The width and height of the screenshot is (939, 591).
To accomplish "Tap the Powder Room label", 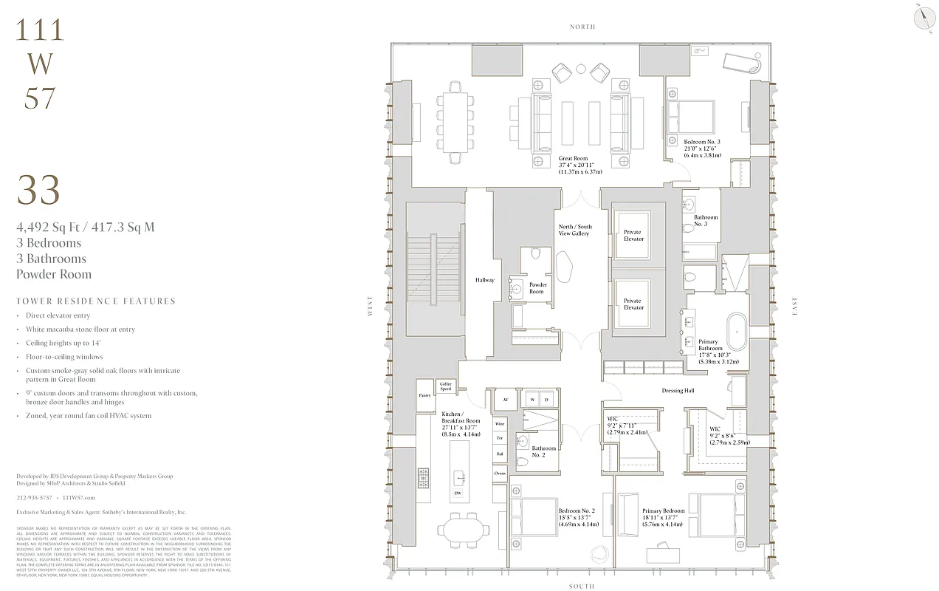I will pos(537,287).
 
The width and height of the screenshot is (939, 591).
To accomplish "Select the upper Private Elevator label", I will pos(633,236).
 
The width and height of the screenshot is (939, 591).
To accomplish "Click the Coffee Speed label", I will pos(446,386).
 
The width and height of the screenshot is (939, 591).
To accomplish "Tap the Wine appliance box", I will pos(500,424).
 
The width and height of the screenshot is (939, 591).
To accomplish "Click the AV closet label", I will pos(505,399).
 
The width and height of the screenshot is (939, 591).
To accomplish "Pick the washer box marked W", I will pos(532,399).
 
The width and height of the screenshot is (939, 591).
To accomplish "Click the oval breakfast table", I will pos(463,530).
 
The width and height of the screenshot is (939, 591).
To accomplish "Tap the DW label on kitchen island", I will pos(458,493).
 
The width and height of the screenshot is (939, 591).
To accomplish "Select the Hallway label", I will pos(484,280).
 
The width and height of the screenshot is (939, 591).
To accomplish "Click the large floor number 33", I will pos(38,191).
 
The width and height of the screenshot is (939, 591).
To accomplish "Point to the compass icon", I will pos(923,18).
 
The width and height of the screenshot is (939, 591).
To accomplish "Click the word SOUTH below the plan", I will pos(582,586).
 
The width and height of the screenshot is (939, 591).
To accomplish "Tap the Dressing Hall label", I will pos(678,391).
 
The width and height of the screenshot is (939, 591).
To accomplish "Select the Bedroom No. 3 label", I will pos(701,142).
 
